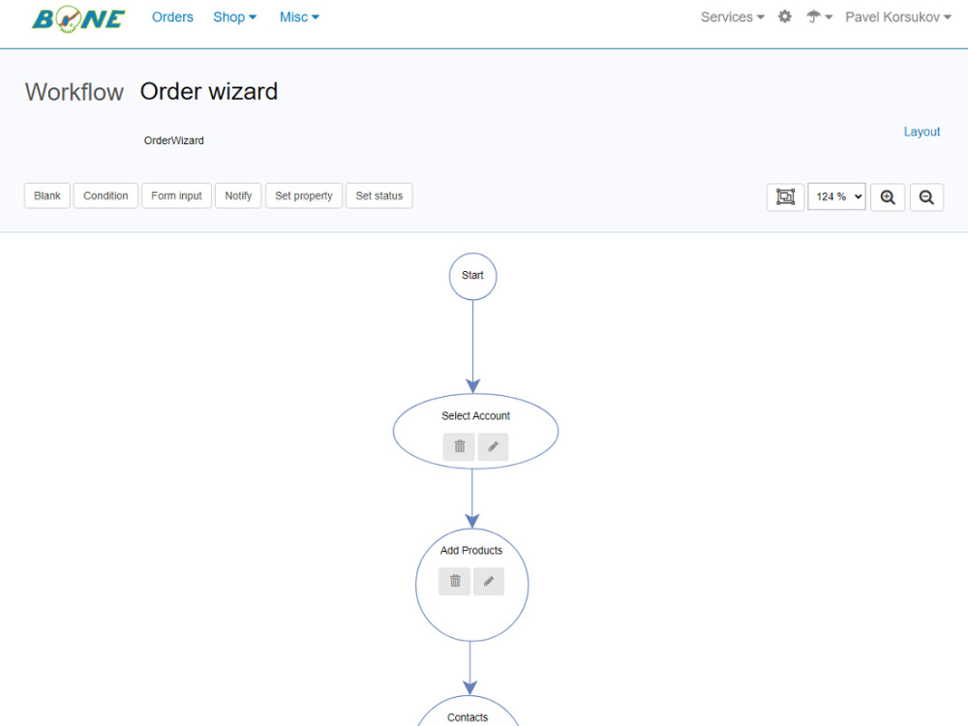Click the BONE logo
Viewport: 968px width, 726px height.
78,18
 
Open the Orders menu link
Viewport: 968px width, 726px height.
172,17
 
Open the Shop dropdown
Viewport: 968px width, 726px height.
234,17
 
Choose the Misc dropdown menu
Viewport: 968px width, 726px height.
299,17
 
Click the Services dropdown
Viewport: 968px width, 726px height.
732,17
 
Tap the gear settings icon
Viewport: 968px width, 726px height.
785,16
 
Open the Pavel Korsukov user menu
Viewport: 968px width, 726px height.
898,17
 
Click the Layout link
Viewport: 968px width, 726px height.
922,132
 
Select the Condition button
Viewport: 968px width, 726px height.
106,196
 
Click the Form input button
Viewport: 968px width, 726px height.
176,196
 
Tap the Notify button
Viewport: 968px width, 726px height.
238,196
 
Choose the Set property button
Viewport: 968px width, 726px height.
304,196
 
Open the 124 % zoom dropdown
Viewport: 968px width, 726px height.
836,197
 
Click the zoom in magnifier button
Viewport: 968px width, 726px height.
888,197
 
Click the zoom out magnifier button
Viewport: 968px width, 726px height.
926,197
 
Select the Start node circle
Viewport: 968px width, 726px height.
473,254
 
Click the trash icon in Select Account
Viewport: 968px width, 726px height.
459,446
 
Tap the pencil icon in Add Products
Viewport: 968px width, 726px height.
489,582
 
